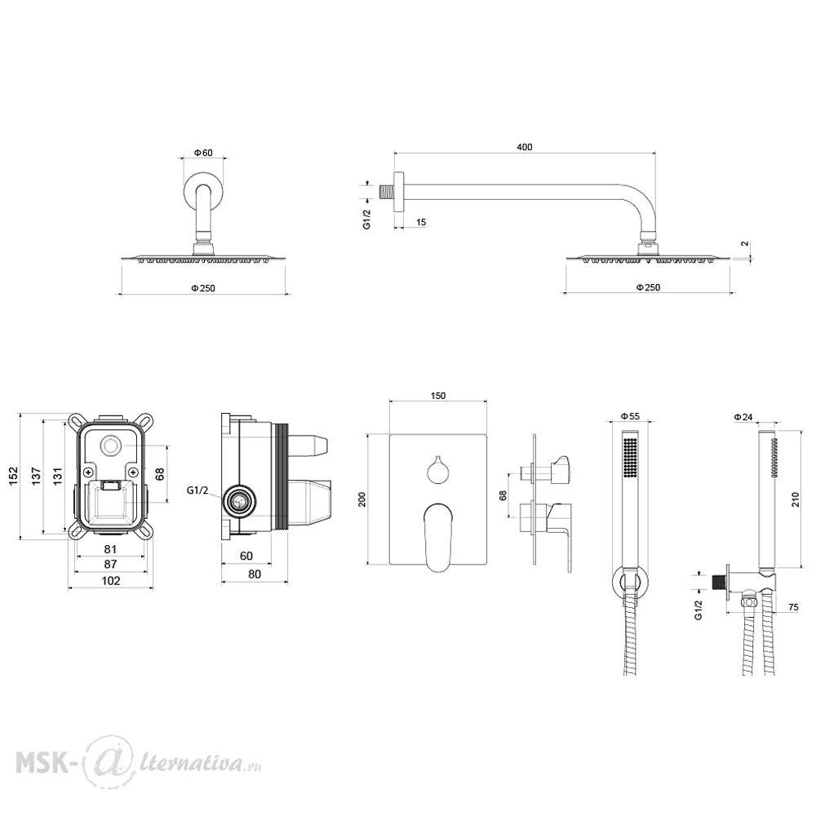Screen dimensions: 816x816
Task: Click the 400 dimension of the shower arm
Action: click(524, 147)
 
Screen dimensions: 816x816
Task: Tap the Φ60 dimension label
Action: click(203, 153)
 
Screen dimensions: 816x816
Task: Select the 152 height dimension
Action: click(13, 477)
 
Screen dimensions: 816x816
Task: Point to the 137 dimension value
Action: click(36, 477)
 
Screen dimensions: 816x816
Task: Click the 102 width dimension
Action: click(110, 581)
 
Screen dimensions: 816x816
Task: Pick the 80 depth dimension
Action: click(255, 574)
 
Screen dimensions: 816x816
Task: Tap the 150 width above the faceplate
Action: click(438, 396)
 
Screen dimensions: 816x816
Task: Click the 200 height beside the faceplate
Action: click(362, 499)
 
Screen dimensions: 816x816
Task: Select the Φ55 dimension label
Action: click(630, 416)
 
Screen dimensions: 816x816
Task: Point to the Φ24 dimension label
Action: click(743, 417)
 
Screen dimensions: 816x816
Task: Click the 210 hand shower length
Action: click(795, 500)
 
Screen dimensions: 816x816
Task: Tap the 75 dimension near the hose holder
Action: click(794, 607)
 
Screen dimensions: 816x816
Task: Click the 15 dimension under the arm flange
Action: click(421, 222)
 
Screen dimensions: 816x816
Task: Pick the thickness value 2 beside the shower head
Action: click(745, 243)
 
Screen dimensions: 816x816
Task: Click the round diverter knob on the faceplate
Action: click(437, 471)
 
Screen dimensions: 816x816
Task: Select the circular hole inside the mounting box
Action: click(110, 446)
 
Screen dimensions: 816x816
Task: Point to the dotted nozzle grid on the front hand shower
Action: click(630, 457)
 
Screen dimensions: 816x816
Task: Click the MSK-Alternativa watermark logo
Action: click(139, 763)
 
